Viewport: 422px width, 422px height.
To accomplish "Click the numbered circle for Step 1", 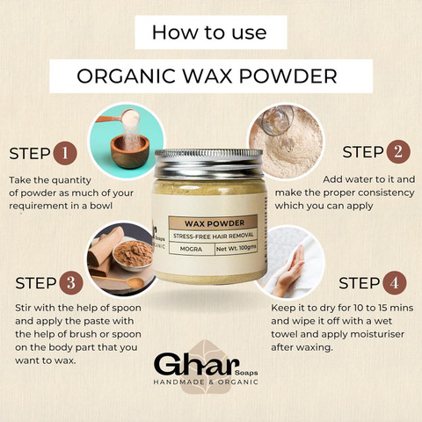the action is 65,153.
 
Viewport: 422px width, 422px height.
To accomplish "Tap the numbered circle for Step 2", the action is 398,152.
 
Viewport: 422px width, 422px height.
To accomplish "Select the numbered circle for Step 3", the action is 71,283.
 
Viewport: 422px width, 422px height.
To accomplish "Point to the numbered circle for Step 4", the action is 395,282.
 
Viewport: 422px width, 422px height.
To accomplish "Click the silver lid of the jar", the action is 208,164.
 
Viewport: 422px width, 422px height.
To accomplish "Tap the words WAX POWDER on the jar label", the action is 215,223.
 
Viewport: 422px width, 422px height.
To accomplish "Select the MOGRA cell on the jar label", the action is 191,249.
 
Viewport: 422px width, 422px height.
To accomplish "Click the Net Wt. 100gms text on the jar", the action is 236,249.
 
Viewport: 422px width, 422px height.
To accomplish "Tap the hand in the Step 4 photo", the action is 288,271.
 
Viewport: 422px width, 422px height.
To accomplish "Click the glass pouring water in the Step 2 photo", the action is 277,120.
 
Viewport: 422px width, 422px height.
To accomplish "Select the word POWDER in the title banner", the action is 288,76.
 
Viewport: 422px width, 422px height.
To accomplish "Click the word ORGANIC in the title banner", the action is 126,76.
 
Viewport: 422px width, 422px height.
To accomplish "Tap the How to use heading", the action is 209,33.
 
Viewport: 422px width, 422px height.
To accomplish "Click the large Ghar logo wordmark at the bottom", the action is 195,364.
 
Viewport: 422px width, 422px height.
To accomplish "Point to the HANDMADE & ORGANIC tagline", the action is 206,382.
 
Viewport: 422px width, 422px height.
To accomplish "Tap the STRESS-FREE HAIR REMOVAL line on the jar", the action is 214,236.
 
